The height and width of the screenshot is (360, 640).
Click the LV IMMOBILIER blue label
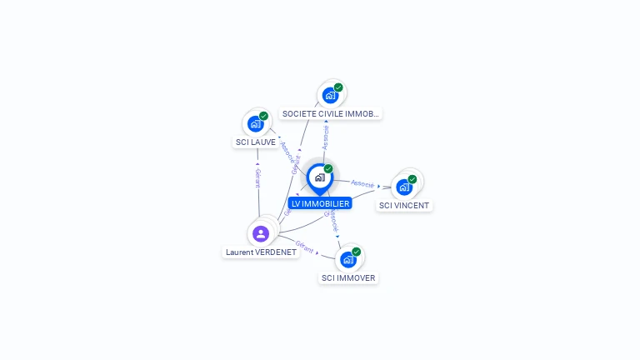(x=321, y=203)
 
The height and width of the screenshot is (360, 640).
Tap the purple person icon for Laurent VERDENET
(x=261, y=234)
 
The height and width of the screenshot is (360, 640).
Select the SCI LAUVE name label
(x=256, y=142)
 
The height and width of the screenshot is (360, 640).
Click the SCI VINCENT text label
(x=404, y=205)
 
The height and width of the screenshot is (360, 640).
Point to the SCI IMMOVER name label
(x=348, y=278)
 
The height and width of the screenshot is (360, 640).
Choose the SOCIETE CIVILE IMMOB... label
(x=331, y=113)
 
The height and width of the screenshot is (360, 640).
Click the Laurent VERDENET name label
(x=261, y=252)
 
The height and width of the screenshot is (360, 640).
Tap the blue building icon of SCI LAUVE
(x=256, y=124)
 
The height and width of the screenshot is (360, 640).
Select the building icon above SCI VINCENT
(x=404, y=187)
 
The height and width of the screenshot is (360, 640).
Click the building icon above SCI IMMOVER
(x=348, y=259)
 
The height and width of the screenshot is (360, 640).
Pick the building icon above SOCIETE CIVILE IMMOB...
(x=330, y=96)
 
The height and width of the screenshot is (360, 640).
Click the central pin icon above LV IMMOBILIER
(x=319, y=177)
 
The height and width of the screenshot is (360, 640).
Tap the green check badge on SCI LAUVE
(x=263, y=117)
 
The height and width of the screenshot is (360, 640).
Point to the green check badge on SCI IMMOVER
(x=357, y=252)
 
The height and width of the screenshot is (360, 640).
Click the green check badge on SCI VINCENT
(x=412, y=179)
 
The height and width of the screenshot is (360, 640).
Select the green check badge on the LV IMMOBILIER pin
(x=328, y=169)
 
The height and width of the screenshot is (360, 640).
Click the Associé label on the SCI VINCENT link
(x=362, y=182)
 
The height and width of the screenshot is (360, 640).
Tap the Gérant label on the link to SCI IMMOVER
(x=304, y=246)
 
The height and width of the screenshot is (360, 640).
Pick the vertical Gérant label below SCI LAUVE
(x=258, y=177)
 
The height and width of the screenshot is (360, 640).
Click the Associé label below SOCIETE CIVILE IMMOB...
(x=326, y=137)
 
